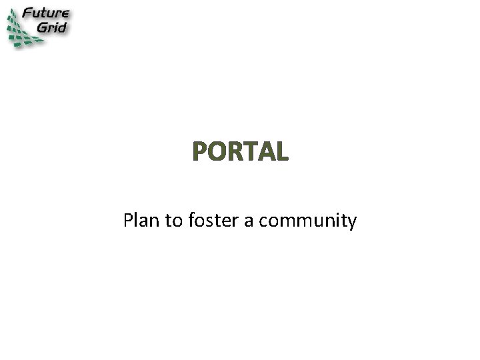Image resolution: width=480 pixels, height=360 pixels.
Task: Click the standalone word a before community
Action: coord(248,221)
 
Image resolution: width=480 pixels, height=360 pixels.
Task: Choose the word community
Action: coord(307,221)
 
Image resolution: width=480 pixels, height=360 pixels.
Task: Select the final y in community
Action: coord(352,223)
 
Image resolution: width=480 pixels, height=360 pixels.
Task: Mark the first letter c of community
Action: coord(262,221)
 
